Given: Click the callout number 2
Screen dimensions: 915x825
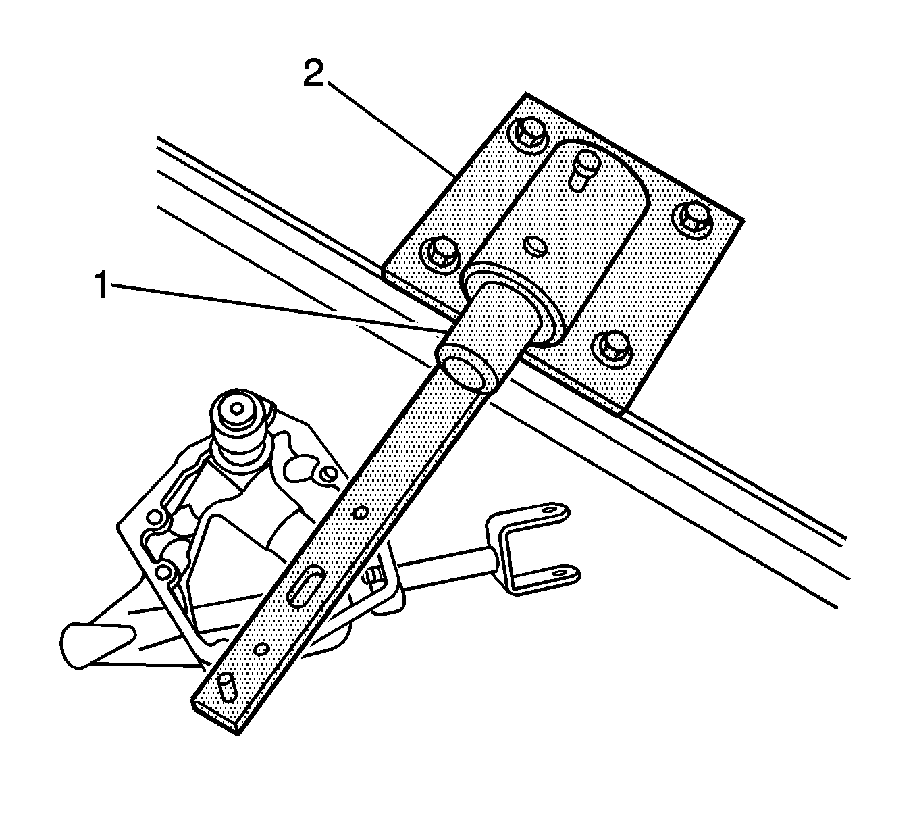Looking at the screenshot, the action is [x=314, y=74].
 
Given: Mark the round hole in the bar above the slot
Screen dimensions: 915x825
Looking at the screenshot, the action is [x=361, y=512].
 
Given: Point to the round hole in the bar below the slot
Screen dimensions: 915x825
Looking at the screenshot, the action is [x=261, y=649].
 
